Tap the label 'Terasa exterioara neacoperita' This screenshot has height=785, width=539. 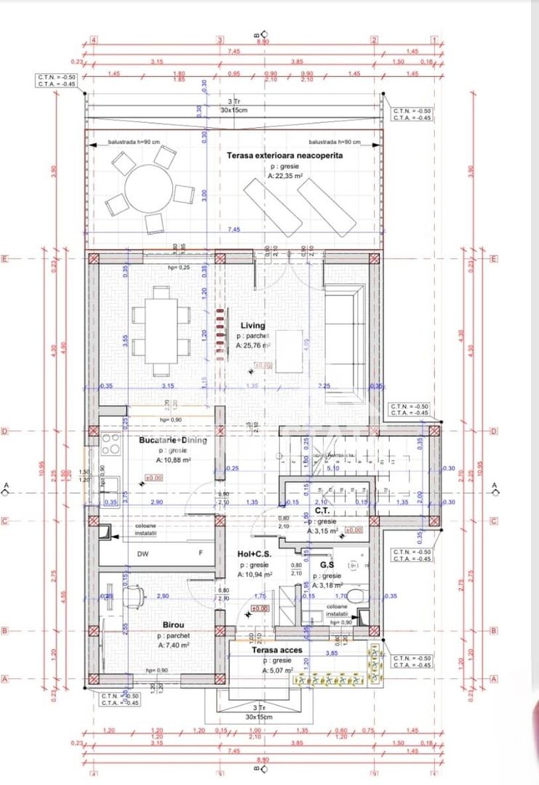284,156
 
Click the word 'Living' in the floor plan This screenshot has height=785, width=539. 252,326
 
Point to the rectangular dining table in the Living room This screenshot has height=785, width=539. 161,329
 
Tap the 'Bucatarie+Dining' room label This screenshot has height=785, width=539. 172,440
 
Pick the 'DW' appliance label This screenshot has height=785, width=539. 143,553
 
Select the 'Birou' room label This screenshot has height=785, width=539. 173,624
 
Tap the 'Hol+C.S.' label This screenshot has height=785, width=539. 255,555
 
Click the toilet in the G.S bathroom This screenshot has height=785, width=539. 356,595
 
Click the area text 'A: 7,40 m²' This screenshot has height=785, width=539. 173,645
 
